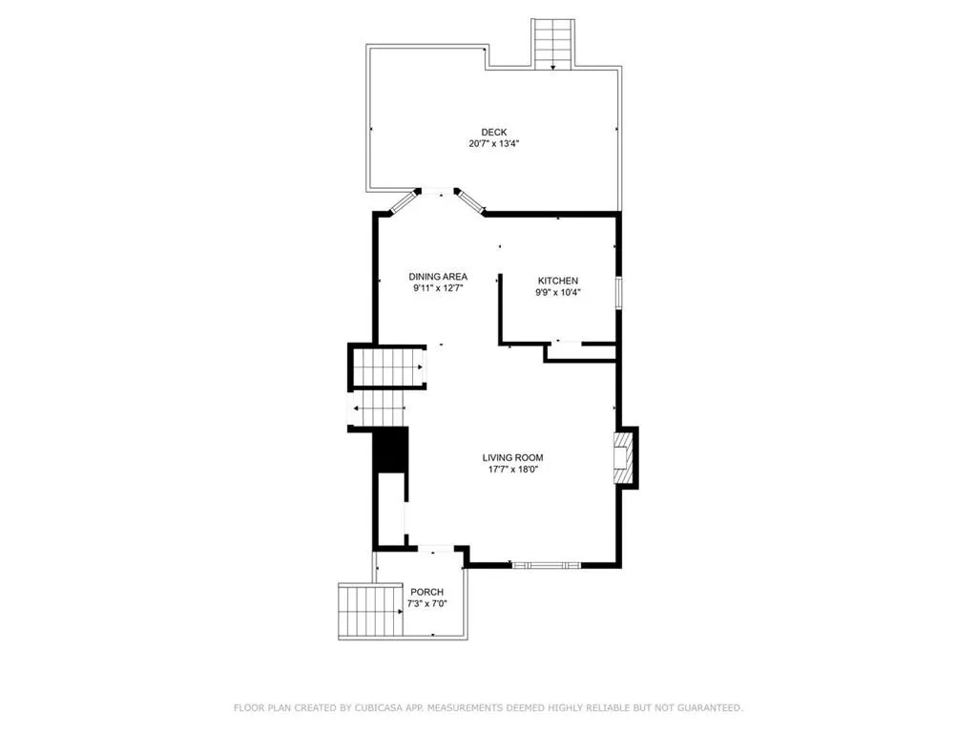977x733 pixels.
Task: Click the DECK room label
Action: (493, 132)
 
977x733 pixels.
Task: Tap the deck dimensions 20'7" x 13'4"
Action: (493, 144)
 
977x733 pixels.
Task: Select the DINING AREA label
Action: (438, 276)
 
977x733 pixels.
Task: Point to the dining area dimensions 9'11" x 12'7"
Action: (438, 287)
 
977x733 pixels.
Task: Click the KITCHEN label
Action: (557, 281)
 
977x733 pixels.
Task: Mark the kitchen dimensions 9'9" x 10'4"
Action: (557, 292)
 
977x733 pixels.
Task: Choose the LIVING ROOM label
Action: (512, 457)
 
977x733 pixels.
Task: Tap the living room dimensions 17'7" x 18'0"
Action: (512, 470)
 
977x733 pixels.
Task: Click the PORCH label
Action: (426, 592)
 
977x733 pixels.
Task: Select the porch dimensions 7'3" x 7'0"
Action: (426, 603)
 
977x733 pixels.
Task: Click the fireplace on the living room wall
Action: (623, 457)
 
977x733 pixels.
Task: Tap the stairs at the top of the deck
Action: (553, 43)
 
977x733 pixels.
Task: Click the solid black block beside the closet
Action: (389, 450)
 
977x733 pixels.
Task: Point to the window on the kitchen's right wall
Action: (618, 293)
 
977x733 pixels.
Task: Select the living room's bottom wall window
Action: (547, 565)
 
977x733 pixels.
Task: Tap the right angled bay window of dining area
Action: (468, 201)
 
